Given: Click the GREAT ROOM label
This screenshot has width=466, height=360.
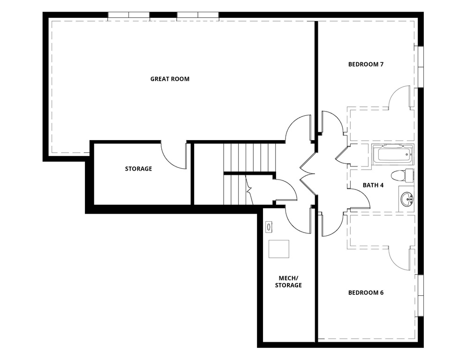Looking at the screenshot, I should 170,79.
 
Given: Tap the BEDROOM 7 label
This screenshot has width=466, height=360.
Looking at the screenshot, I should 366,64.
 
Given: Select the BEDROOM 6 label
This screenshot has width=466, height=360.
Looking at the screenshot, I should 366,292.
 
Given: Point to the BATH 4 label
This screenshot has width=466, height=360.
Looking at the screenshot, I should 373,185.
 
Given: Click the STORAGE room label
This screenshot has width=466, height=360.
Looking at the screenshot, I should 138,169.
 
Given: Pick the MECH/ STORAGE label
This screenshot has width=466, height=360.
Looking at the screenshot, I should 288,281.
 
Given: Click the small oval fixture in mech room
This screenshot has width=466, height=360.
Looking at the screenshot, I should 269,227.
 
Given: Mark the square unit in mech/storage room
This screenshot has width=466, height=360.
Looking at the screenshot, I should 278,248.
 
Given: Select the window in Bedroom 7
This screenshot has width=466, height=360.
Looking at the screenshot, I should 421,66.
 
